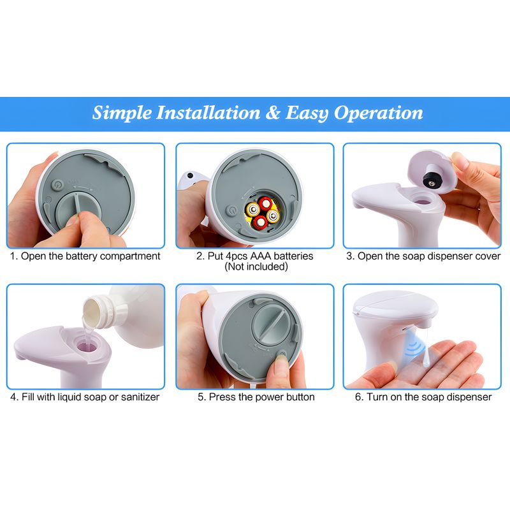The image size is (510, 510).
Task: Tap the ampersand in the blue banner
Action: pyautogui.click(x=273, y=113)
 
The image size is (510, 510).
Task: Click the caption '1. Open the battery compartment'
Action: pyautogui.click(x=85, y=256)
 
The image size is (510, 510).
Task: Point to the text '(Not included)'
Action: pyautogui.click(x=255, y=266)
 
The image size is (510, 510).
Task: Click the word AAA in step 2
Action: pyautogui.click(x=251, y=256)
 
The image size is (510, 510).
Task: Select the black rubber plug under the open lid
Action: pyautogui.click(x=434, y=179)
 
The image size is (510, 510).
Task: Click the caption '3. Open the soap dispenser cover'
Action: pyautogui.click(x=423, y=256)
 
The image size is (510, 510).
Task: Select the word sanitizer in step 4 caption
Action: pyautogui.click(x=136, y=397)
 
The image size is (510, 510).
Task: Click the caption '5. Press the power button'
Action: pyautogui.click(x=255, y=397)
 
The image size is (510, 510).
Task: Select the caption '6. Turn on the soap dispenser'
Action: pyautogui.click(x=423, y=397)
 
